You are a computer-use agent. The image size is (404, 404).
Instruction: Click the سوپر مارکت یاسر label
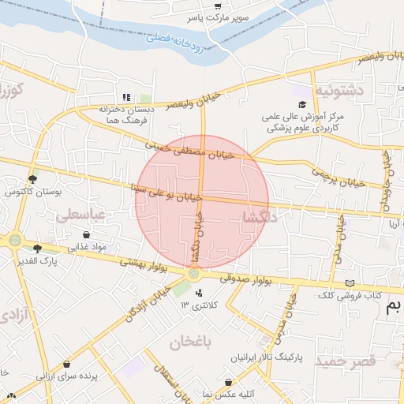click(x=215, y=15)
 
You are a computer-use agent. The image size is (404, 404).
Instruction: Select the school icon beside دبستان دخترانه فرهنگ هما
click(x=126, y=97)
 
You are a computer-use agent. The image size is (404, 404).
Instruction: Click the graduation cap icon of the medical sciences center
click(x=301, y=104)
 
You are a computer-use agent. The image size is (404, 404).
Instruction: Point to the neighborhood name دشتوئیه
click(x=339, y=90)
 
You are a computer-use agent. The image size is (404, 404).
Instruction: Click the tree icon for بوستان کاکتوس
click(x=32, y=180)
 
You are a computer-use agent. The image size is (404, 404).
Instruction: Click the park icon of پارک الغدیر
click(x=37, y=248)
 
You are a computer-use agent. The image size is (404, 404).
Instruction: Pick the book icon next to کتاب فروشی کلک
click(x=350, y=284)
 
